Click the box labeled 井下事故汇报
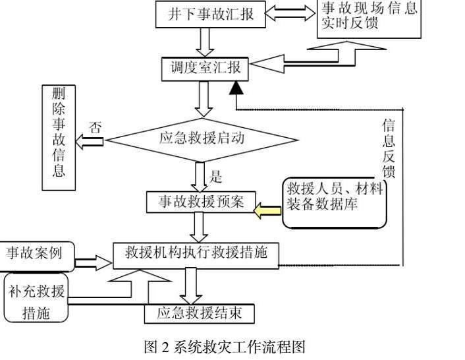tap(211, 15)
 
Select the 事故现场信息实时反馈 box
tap(369, 18)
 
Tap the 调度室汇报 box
tap(205, 69)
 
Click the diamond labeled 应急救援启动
tap(202, 140)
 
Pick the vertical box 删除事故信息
tap(59, 138)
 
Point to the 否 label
tap(96, 128)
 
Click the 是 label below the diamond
tap(215, 177)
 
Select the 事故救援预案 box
tap(201, 202)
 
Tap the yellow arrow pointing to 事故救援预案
tap(267, 210)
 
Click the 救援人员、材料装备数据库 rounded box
tap(335, 202)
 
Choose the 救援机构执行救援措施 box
tap(196, 256)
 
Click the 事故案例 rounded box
tap(36, 256)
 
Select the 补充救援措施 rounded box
tap(36, 297)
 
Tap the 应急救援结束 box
tap(200, 314)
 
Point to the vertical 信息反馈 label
tap(389, 148)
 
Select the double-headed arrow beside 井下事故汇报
tap(290, 13)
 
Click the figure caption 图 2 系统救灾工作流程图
tap(225, 347)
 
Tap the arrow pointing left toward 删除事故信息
tap(90, 142)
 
